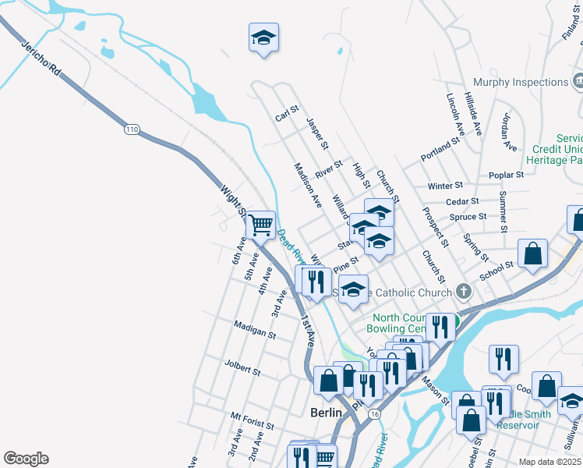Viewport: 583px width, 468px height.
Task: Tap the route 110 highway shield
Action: (x=131, y=127)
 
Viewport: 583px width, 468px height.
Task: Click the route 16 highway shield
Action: (x=376, y=413)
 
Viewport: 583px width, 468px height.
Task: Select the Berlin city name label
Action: (x=326, y=412)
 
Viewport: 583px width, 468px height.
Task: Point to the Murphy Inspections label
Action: (x=520, y=82)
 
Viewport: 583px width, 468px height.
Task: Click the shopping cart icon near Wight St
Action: (x=261, y=225)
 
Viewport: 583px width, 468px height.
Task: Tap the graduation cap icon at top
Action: (x=263, y=37)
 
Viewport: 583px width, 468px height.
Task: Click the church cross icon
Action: (x=464, y=292)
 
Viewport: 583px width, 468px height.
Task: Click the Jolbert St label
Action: (x=242, y=367)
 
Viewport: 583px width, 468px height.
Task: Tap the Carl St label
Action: (x=288, y=115)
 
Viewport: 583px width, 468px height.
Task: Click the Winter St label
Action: (x=445, y=186)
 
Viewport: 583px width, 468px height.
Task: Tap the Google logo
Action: (x=26, y=459)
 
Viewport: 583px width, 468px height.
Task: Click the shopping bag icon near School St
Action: (x=532, y=254)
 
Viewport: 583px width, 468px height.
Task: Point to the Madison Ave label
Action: (x=308, y=185)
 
